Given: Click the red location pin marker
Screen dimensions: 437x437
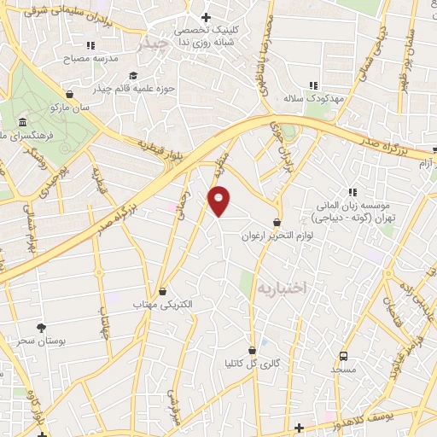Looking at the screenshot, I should [x=219, y=201].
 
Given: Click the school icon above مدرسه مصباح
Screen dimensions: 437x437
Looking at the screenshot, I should [x=90, y=45].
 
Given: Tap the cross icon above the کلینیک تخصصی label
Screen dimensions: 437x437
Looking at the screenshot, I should [x=205, y=16].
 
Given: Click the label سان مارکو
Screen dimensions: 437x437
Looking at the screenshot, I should [x=69, y=108].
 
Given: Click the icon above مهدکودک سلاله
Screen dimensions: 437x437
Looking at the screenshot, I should [x=313, y=84].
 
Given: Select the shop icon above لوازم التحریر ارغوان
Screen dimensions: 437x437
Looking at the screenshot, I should [x=277, y=221].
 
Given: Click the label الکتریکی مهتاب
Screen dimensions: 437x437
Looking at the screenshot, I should [x=163, y=305].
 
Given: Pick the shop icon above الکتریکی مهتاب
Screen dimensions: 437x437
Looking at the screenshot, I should [x=162, y=291].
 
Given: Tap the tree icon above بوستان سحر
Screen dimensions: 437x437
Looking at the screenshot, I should [x=40, y=327].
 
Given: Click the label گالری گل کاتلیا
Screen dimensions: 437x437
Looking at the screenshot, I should [x=252, y=364].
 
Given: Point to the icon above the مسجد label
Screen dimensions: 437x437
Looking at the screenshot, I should [x=343, y=355].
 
